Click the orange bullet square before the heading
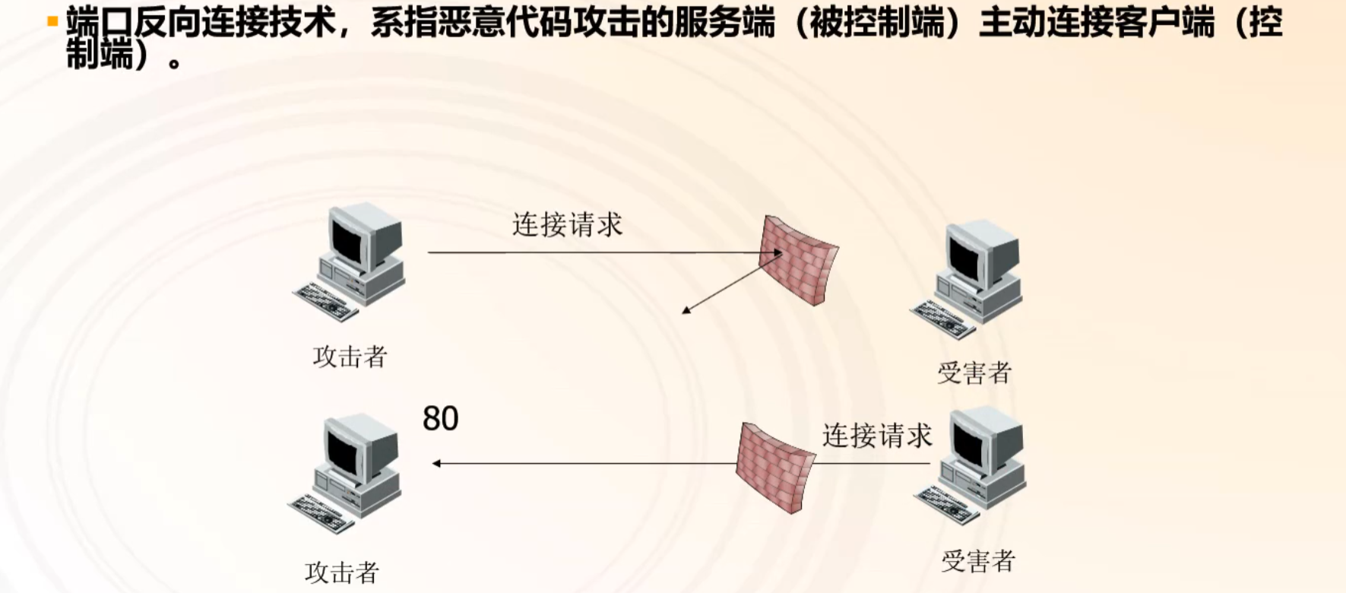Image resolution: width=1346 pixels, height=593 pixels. [52, 21]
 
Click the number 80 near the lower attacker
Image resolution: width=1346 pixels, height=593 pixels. [441, 419]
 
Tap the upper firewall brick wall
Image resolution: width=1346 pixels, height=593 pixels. [798, 261]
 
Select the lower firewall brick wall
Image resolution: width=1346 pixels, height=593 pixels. [775, 468]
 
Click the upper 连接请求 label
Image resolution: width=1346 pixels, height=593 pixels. [567, 225]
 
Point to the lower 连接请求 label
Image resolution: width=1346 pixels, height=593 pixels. [876, 436]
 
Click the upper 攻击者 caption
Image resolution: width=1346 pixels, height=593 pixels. [350, 357]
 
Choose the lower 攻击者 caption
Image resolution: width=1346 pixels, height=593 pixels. [342, 572]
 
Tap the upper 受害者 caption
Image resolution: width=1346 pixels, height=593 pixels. [974, 373]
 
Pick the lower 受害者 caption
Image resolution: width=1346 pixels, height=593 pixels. [978, 562]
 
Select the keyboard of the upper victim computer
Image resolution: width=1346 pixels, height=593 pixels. [943, 319]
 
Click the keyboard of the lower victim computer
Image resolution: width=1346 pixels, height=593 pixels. [947, 505]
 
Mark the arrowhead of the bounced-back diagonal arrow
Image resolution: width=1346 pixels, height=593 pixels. [686, 310]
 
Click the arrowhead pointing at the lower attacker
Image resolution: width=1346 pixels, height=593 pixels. [436, 463]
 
